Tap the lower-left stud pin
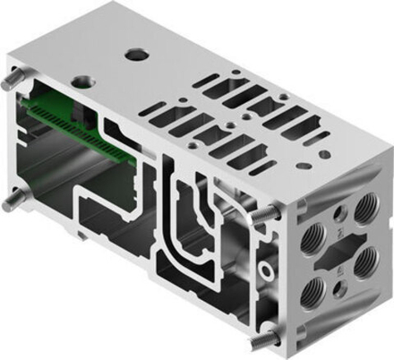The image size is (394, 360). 8,202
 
